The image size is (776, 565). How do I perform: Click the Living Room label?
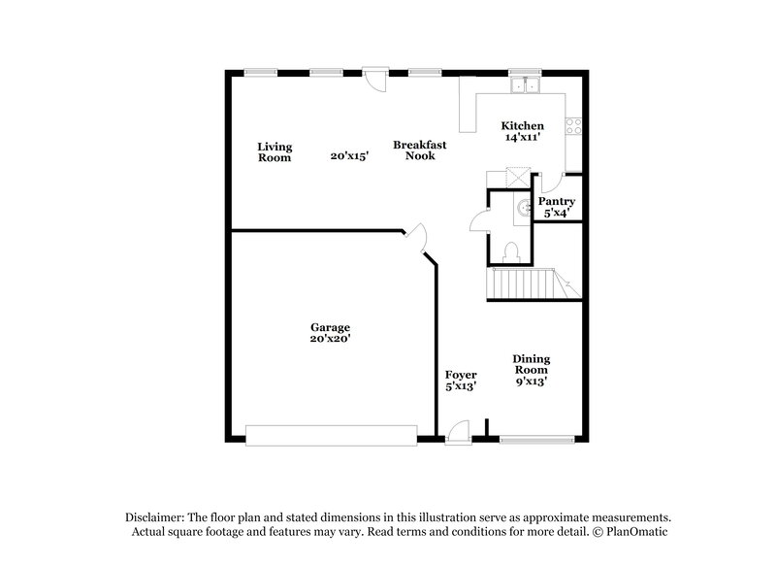tap(275, 152)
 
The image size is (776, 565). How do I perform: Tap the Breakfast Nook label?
tap(420, 150)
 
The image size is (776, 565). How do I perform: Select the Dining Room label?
tap(532, 364)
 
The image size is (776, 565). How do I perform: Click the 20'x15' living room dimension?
tap(349, 154)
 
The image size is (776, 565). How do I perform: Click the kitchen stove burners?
tap(575, 125)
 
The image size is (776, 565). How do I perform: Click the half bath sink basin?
tap(524, 205)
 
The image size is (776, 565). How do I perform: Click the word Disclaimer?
tap(156, 517)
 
